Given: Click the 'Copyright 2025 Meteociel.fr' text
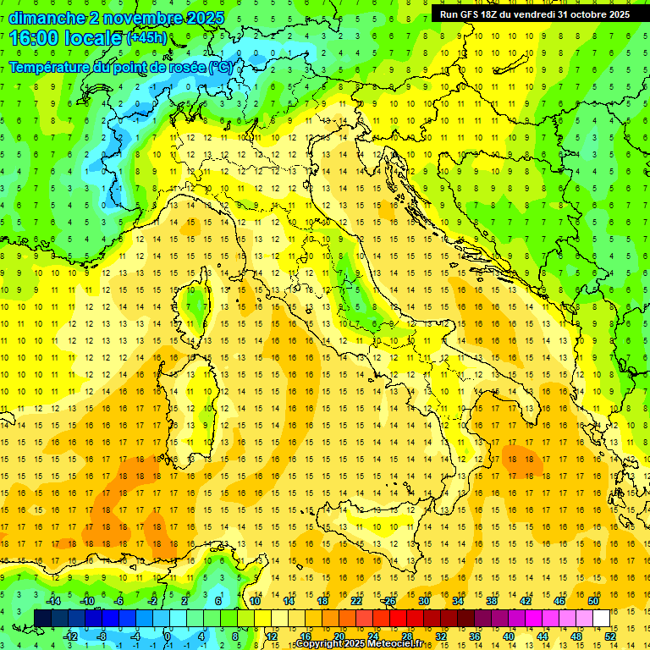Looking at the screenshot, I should coord(365,644).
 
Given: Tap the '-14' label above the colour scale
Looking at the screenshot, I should coord(52,601).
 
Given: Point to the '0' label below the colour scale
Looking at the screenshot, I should coord(167,636).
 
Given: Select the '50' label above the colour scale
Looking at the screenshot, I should coord(593,601).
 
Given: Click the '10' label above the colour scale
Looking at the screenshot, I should coord(255,601).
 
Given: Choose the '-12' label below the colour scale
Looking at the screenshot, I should coord(71,636).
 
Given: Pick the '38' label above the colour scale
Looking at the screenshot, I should coord(492,601).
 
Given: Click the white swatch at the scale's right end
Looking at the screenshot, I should coord(602,618).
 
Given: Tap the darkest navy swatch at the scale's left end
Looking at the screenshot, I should coord(42,618).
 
